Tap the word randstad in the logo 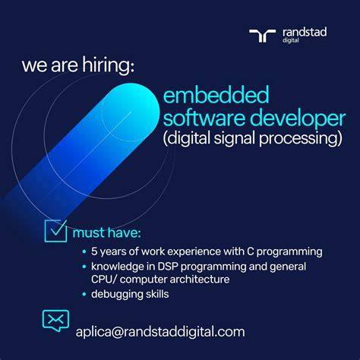point(302,32)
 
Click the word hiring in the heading point(107,66)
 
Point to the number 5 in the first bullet point(93,251)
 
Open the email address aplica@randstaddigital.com point(159,331)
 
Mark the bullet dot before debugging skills point(83,294)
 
